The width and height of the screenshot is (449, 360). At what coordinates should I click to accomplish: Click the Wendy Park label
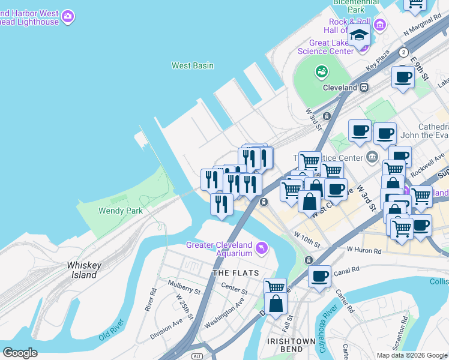121,211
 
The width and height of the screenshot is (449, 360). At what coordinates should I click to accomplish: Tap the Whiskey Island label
82,270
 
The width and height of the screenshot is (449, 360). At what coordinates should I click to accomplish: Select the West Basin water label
193,65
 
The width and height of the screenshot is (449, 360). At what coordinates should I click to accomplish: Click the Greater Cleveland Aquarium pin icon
261,247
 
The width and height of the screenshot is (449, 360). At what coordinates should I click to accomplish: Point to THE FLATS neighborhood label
236,273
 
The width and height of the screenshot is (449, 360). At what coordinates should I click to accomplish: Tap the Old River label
113,332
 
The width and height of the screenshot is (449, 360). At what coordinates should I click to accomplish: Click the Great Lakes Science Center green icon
321,72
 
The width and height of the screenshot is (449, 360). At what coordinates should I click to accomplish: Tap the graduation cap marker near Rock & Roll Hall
360,37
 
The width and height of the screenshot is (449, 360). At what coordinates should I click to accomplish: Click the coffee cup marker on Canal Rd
319,277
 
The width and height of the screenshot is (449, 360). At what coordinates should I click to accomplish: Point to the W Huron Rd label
364,250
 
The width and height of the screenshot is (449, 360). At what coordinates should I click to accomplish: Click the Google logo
20,353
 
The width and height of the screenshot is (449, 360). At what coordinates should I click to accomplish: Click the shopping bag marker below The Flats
276,304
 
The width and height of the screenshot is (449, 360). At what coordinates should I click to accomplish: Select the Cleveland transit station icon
364,88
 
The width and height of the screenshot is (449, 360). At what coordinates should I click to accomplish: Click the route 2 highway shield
404,52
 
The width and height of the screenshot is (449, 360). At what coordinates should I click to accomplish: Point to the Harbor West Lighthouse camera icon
68,16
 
